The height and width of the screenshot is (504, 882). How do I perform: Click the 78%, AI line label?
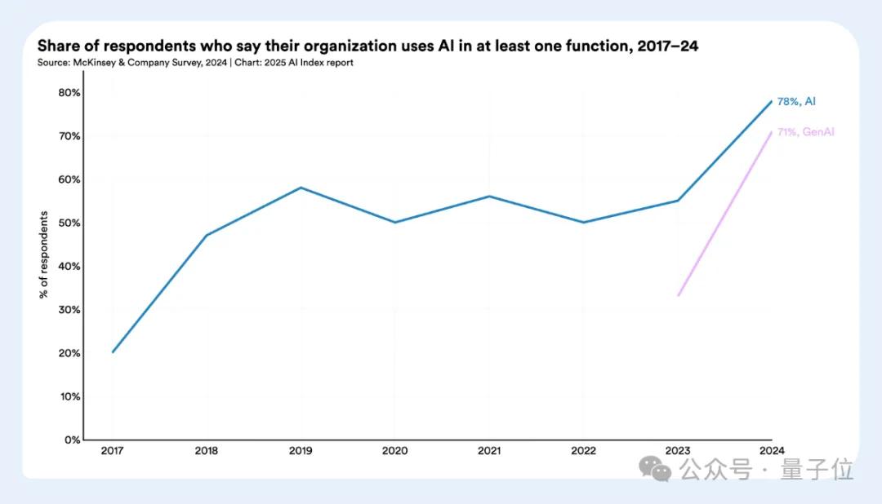tap(795, 102)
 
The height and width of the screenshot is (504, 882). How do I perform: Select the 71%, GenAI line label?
tap(805, 132)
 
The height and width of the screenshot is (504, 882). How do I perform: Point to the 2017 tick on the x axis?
tap(112, 450)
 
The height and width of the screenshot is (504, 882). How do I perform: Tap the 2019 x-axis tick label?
tap(301, 450)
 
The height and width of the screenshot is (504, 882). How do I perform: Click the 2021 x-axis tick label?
tap(489, 450)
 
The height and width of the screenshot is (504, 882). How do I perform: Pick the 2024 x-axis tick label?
tap(772, 450)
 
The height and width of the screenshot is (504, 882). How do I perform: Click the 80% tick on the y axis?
tap(69, 93)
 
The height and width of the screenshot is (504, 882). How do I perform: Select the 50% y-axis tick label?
tap(69, 223)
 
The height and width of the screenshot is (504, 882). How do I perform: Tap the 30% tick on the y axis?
tap(69, 310)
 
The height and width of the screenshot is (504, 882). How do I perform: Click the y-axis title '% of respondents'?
tap(44, 254)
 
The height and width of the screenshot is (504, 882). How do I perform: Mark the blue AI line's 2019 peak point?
tap(301, 188)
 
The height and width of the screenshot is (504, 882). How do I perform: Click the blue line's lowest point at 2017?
tap(113, 352)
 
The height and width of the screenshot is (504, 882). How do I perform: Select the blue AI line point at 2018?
tap(207, 235)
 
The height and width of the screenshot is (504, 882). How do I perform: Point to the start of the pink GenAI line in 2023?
tap(678, 295)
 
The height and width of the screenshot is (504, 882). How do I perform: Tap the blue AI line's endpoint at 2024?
tap(772, 101)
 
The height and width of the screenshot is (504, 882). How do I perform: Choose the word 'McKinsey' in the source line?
tap(97, 63)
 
